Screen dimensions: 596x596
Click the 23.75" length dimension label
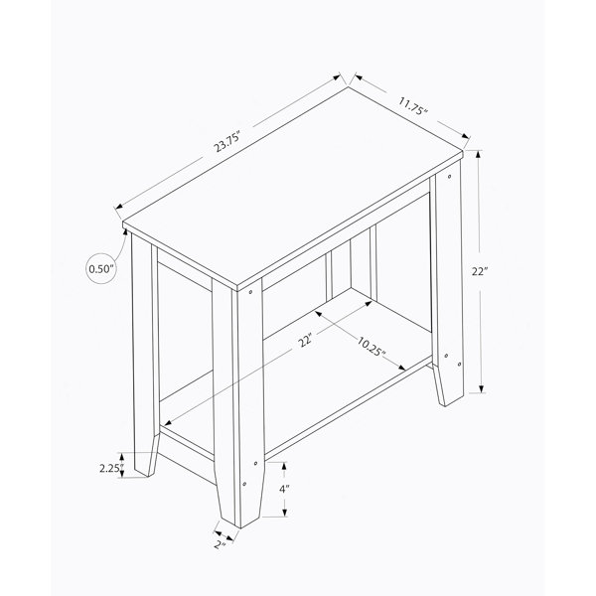click(x=227, y=141)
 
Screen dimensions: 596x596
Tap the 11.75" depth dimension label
click(x=413, y=106)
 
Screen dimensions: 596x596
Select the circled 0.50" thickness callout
click(x=101, y=269)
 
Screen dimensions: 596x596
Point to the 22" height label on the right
click(x=480, y=271)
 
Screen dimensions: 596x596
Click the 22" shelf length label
click(x=305, y=340)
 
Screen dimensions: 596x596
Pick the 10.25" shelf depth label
click(x=372, y=347)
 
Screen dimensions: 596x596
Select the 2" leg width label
click(x=220, y=544)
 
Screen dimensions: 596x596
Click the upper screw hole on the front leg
click(x=250, y=292)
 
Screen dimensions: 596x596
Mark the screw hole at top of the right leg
click(x=450, y=177)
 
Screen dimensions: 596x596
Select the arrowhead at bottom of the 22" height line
click(x=481, y=388)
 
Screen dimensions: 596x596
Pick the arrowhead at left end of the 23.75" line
click(x=119, y=207)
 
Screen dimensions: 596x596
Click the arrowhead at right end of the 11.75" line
click(x=467, y=136)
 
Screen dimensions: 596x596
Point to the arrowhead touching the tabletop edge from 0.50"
click(x=124, y=231)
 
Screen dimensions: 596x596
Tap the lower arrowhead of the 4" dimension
click(x=284, y=513)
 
